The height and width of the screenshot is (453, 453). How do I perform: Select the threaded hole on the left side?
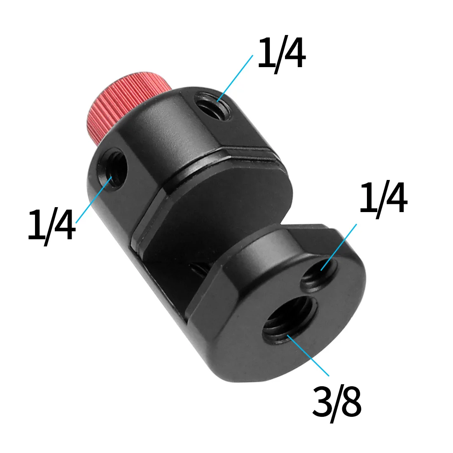coord(112,170)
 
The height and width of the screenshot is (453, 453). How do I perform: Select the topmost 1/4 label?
coord(282,53)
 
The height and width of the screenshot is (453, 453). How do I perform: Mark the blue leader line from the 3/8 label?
coord(309,355)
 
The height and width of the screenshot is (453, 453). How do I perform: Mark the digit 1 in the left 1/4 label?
coord(35,225)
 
